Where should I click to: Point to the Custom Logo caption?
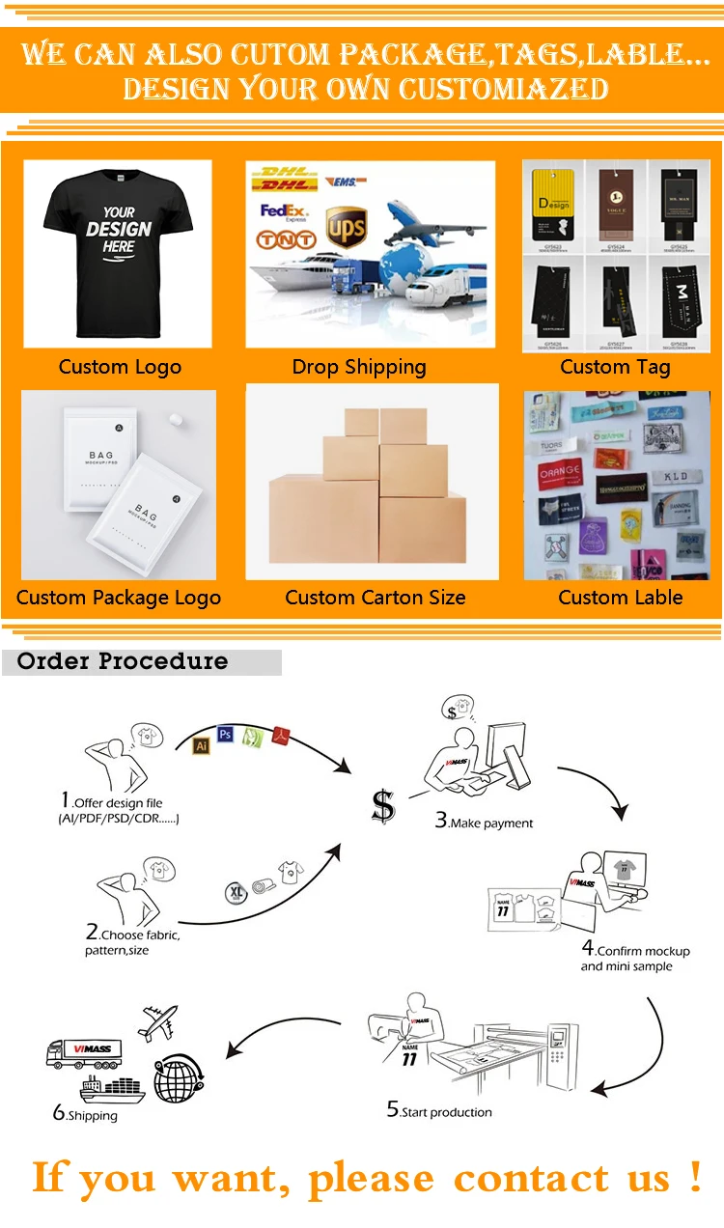tap(120, 367)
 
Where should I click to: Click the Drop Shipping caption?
tap(359, 367)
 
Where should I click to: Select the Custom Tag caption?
tap(615, 367)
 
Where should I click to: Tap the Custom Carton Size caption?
tap(375, 598)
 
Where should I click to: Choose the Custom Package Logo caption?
tap(119, 598)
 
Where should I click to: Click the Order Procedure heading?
tap(123, 661)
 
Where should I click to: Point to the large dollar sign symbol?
tap(383, 806)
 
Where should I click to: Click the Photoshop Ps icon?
tap(226, 735)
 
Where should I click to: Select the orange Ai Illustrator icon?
tap(202, 746)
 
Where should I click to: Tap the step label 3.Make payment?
tap(484, 822)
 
